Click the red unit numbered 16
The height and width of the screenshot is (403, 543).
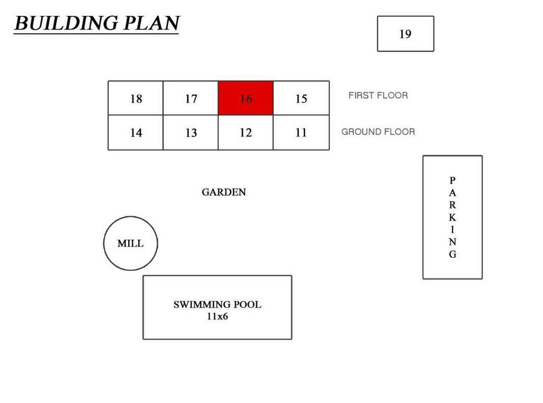point(245,98)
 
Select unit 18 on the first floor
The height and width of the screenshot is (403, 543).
point(135,98)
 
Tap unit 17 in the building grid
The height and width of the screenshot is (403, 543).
point(190,98)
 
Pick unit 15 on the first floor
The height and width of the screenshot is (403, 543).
point(301,98)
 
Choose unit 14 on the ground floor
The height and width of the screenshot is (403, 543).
point(135,132)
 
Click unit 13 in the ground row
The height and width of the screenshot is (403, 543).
point(190,132)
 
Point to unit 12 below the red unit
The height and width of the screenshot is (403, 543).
point(245,132)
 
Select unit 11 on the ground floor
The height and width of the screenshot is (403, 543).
point(301,132)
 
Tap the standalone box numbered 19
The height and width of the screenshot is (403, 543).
point(406,34)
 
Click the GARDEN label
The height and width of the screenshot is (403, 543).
point(224,192)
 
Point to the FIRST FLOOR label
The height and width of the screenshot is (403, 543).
point(378,95)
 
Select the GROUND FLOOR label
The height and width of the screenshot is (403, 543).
point(378,132)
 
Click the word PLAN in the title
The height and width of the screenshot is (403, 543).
point(151,23)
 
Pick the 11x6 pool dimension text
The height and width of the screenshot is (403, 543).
point(217,316)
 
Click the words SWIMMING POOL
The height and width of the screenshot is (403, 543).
point(217,304)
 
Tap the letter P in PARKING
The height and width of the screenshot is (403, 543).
point(452,180)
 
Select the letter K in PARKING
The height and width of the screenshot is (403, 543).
point(452,217)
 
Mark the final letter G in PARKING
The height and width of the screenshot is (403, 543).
point(452,254)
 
